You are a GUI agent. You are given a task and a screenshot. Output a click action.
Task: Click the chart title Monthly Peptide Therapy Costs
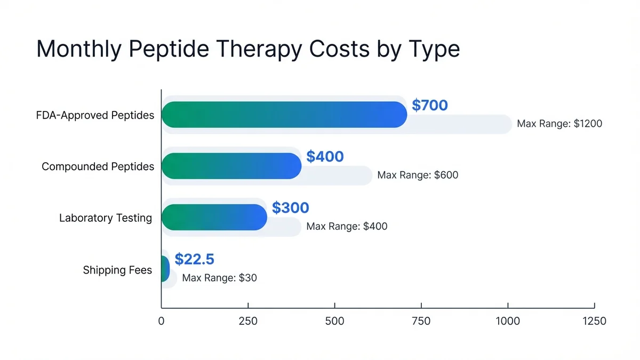click(x=248, y=49)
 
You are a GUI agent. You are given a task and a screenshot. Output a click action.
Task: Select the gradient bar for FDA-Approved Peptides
click(x=284, y=115)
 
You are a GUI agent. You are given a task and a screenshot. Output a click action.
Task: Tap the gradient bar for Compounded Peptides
click(x=231, y=166)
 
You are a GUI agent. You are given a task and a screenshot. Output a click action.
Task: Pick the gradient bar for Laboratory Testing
click(x=214, y=217)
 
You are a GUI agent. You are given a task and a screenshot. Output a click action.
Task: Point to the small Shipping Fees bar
click(x=165, y=268)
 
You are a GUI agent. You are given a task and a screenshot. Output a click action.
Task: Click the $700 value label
click(x=430, y=105)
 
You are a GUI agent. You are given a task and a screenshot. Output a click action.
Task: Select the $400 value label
click(x=325, y=156)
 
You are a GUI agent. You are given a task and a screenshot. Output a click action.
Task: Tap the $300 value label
click(x=290, y=207)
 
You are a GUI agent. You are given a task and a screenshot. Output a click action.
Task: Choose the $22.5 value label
click(x=194, y=259)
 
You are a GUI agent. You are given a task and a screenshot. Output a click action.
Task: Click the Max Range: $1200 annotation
click(x=559, y=124)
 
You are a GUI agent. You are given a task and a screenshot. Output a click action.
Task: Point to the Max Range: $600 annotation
click(x=418, y=175)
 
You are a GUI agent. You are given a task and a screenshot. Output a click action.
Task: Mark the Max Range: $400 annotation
click(x=347, y=226)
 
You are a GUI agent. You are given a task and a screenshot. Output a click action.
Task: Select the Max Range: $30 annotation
click(x=219, y=278)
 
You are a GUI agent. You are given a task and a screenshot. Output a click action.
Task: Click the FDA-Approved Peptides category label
click(x=94, y=115)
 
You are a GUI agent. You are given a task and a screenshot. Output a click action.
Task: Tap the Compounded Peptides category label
click(x=98, y=166)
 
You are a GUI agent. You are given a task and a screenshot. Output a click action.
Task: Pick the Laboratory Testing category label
click(x=106, y=218)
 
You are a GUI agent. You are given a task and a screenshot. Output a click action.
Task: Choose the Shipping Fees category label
click(x=117, y=270)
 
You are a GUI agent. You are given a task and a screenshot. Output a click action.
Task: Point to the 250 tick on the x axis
click(x=248, y=321)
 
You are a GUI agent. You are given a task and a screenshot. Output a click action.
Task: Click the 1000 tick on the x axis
click(x=508, y=321)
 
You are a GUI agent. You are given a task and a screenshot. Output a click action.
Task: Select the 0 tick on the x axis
click(x=161, y=321)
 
